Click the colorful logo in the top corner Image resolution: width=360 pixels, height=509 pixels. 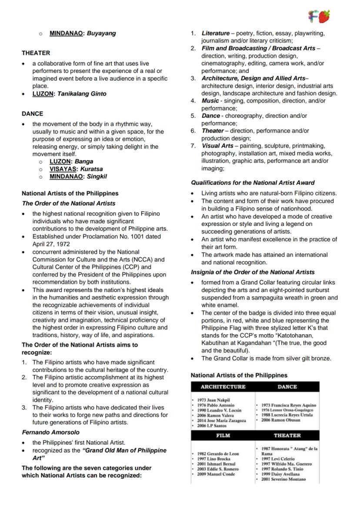[x=319, y=16]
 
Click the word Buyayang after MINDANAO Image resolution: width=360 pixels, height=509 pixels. [x=101, y=33]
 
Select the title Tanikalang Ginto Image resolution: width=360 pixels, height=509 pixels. [x=82, y=93]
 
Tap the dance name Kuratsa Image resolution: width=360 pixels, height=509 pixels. [x=91, y=169]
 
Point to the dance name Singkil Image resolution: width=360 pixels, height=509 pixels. [x=97, y=176]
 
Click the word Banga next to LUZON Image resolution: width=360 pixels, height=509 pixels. [x=84, y=161]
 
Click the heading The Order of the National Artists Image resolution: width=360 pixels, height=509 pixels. [x=69, y=203]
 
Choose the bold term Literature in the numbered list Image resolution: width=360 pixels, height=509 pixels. [x=215, y=33]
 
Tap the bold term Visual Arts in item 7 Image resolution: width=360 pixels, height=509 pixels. [x=217, y=146]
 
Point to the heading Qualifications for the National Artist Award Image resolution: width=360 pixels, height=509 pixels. [x=253, y=183]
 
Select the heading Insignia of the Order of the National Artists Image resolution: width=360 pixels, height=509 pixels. [x=253, y=272]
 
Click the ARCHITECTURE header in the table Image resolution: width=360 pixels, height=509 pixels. [x=223, y=386]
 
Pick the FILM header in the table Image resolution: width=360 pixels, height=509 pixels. [x=223, y=435]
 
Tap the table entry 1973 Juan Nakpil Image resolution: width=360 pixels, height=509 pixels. [x=213, y=400]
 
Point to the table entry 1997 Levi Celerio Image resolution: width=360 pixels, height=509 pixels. [x=278, y=459]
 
